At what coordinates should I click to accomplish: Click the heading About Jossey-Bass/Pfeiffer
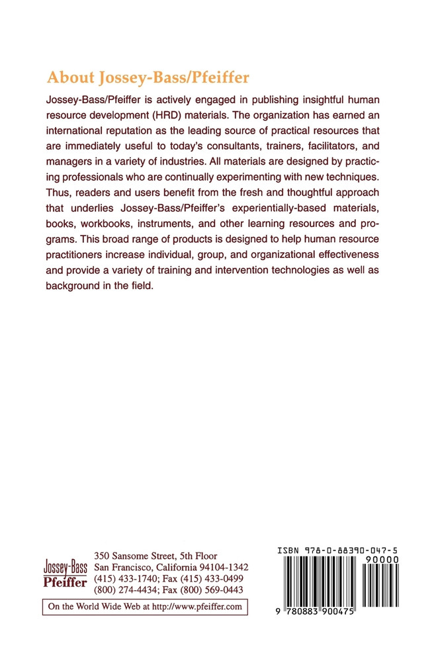click(x=148, y=77)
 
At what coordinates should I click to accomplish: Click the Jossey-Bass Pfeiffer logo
click(x=66, y=571)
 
